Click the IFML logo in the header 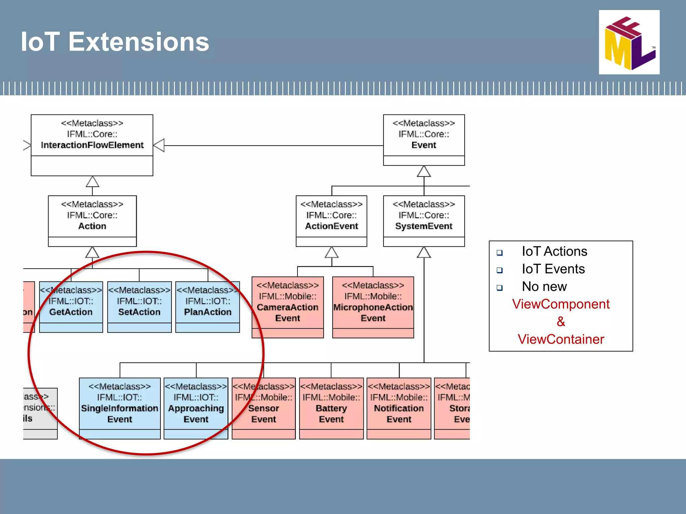[629, 42]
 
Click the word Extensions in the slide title [139, 42]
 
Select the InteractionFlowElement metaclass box [92, 145]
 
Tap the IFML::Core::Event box [424, 140]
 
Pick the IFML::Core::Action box [92, 221]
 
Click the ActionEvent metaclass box [331, 221]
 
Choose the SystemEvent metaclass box [424, 221]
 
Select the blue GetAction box [71, 307]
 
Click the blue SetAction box [139, 307]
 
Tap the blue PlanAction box [208, 307]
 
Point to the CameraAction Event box [287, 307]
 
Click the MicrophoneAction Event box [373, 307]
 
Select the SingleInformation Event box [120, 408]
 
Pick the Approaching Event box [196, 408]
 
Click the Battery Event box [331, 408]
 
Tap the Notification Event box [399, 408]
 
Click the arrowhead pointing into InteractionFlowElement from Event [159, 145]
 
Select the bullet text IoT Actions [554, 251]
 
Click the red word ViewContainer [561, 339]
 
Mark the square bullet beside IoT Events [499, 270]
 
